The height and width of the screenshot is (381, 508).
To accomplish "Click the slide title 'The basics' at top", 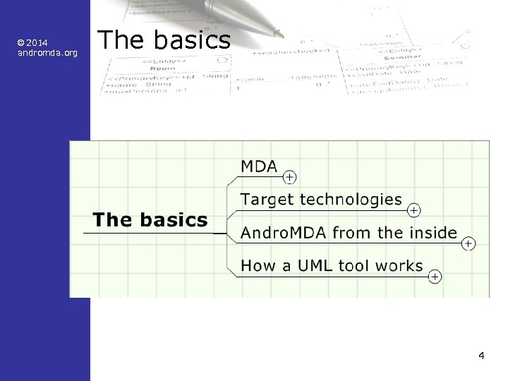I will pos(164,40).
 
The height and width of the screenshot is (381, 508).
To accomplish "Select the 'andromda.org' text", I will pos(47,53).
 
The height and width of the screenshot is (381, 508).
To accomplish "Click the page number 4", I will pos(480,355).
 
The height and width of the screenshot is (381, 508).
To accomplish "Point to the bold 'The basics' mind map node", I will pos(150,220).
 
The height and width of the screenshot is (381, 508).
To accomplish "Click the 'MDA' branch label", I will pos(259,167).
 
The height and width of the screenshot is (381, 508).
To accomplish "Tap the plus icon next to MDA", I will pos(289,176).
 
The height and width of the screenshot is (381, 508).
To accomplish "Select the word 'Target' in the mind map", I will pos(267,200).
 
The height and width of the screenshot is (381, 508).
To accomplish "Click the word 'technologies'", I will pos(351,200).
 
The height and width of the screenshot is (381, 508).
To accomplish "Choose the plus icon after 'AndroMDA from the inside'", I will pos(468,243).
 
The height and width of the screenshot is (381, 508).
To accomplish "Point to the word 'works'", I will pos(399,266).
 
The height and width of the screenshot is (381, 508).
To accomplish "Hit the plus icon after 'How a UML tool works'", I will pos(435,277).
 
